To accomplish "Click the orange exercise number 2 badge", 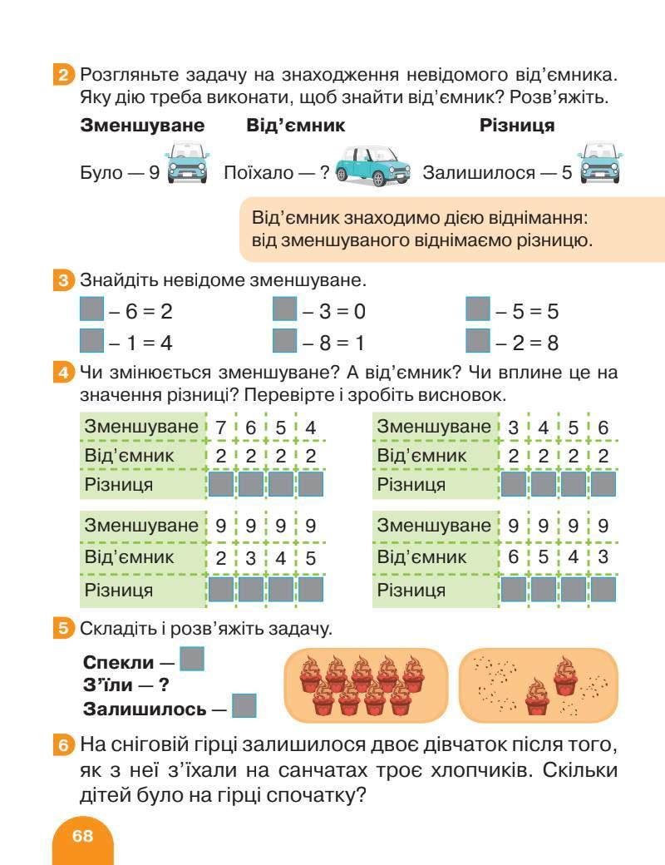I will click(x=64, y=76).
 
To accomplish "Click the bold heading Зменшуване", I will click(x=142, y=126).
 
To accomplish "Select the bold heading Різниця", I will click(x=517, y=126).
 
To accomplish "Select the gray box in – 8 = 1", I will click(x=285, y=341).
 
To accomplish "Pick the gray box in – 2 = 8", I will click(x=478, y=341).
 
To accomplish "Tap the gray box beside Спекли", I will click(x=192, y=660).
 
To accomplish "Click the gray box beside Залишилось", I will click(x=244, y=706).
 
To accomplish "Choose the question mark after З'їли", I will click(x=164, y=686).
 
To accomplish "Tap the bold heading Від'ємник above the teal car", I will click(x=296, y=126).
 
